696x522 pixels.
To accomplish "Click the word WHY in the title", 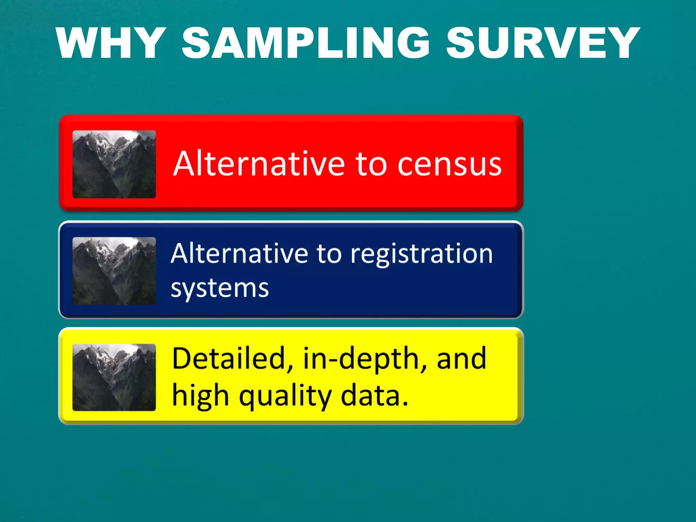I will [111, 43].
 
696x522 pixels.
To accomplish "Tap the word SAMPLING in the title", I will [306, 43].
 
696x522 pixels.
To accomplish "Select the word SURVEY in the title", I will [543, 43].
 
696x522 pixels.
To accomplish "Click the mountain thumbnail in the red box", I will [114, 164].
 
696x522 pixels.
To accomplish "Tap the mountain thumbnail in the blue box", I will [114, 271].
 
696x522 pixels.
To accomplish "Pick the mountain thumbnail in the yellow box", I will [114, 377].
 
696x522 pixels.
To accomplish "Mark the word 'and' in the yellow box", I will [461, 359].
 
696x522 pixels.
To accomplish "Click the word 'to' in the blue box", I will [329, 254].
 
